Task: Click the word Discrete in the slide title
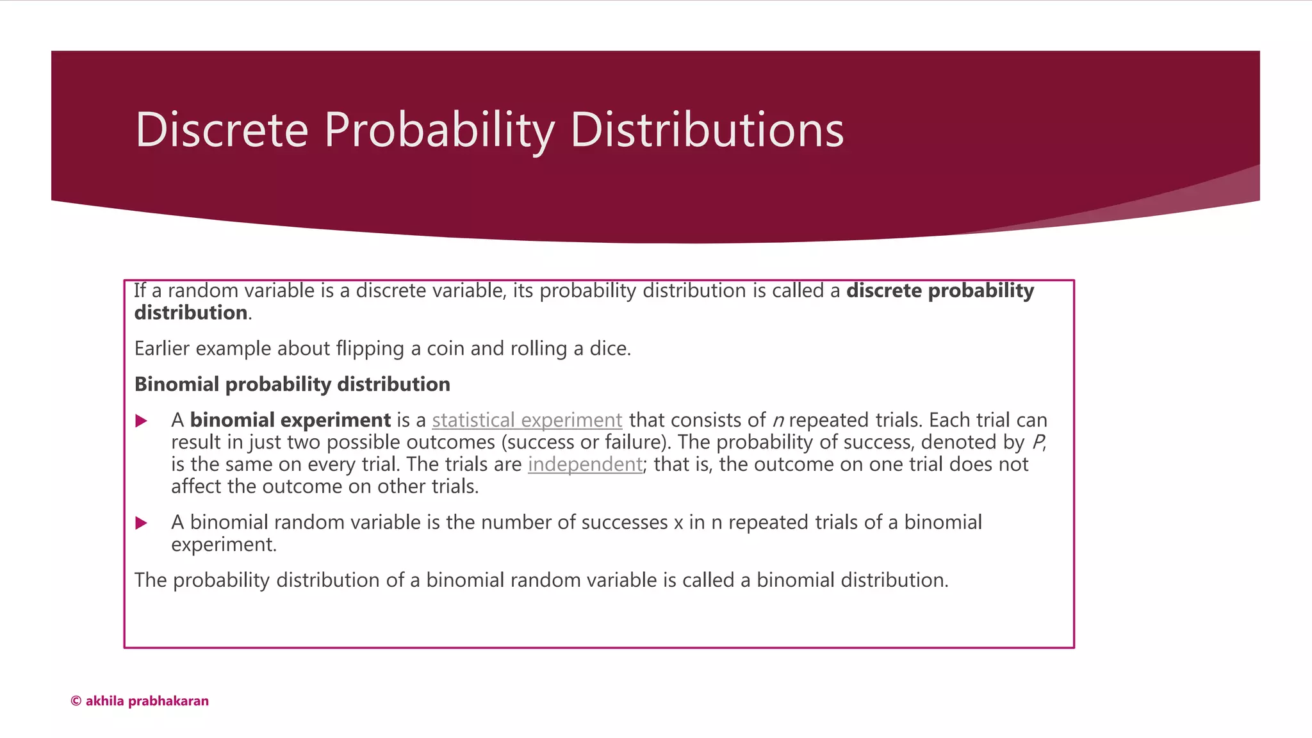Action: click(222, 130)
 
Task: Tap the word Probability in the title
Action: click(439, 130)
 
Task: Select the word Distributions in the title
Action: click(707, 130)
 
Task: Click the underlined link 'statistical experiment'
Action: click(527, 420)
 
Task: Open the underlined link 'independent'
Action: click(585, 464)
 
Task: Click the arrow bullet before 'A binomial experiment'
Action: click(142, 421)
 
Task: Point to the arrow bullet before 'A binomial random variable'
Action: click(142, 523)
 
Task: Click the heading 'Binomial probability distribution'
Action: click(292, 384)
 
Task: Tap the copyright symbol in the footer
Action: click(76, 701)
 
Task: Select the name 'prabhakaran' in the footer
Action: click(168, 701)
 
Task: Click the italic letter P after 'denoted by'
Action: click(1038, 442)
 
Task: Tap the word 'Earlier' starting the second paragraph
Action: click(161, 348)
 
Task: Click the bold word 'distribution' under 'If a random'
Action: click(191, 313)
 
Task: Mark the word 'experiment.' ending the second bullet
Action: click(224, 545)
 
